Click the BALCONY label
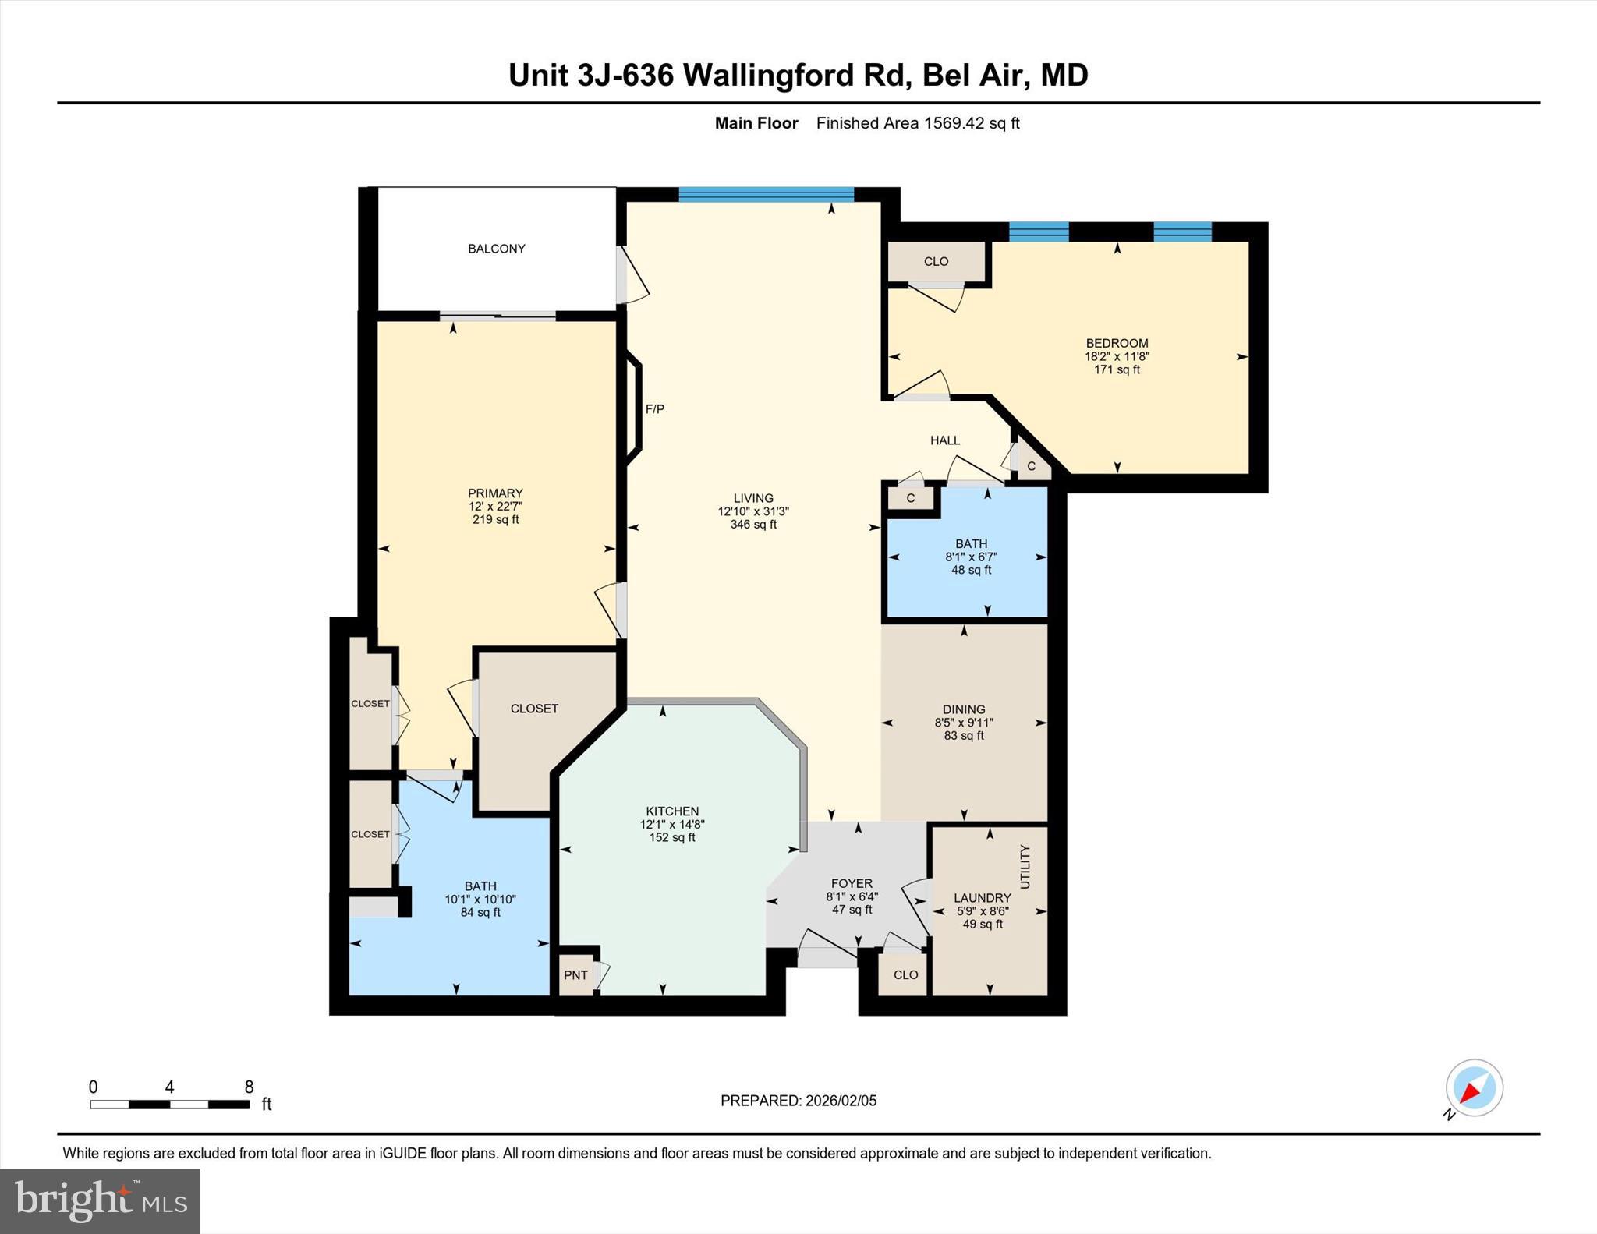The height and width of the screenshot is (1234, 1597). (x=496, y=249)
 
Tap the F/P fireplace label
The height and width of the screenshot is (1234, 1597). (x=654, y=409)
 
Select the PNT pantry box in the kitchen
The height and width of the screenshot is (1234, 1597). (x=575, y=975)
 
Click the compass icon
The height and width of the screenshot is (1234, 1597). (x=1474, y=1088)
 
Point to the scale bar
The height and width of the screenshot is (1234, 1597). (x=169, y=1104)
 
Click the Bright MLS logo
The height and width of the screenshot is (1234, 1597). (x=101, y=1200)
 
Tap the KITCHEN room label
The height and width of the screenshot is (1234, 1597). (x=672, y=811)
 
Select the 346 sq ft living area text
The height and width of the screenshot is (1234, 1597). (x=753, y=525)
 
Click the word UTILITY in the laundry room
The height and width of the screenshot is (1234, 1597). (x=1025, y=867)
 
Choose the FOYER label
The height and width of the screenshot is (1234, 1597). (x=852, y=883)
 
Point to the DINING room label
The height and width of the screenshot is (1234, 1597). (x=964, y=709)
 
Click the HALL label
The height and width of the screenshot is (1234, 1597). (x=945, y=440)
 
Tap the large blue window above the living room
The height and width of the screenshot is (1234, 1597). (x=766, y=195)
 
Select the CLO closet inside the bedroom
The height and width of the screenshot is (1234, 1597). (x=936, y=261)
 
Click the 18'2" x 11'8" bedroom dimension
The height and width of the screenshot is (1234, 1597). (x=1117, y=356)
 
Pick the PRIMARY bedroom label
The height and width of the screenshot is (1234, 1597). (x=495, y=493)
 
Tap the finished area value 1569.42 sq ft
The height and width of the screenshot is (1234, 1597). (x=972, y=123)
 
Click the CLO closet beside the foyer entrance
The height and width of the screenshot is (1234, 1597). (x=905, y=975)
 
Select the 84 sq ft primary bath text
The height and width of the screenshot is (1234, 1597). (x=480, y=913)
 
